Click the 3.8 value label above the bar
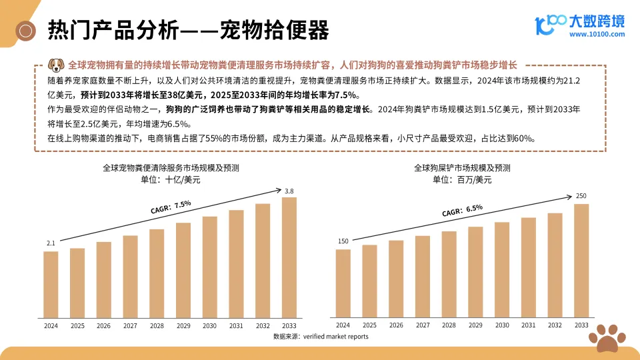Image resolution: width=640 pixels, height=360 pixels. [289, 192]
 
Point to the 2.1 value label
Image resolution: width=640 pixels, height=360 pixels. [51, 244]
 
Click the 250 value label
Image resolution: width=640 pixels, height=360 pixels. [581, 196]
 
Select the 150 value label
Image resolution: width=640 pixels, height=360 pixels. [343, 241]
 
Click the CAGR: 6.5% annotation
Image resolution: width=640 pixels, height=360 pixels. [461, 211]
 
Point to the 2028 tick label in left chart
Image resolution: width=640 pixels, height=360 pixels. [157, 326]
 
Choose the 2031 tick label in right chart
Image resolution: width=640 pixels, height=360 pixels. [528, 325]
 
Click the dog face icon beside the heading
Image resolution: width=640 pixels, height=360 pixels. [56, 65]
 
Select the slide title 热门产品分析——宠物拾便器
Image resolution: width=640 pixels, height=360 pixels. [189, 30]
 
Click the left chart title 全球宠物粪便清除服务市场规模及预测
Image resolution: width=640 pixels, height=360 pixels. [169, 168]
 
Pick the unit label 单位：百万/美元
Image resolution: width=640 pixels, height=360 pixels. [462, 179]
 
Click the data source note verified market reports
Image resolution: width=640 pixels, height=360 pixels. [321, 337]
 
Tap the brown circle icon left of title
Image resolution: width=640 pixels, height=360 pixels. [27, 30]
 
